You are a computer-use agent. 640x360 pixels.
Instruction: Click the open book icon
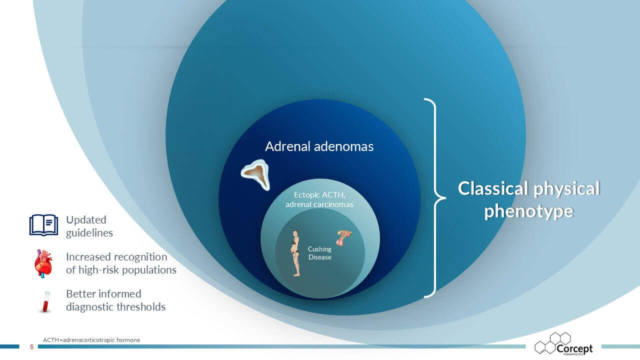click(43, 225)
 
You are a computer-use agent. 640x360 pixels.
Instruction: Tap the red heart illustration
click(43, 263)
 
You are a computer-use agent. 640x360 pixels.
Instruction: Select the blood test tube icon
click(46, 301)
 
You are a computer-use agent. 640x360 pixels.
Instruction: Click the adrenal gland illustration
click(255, 174)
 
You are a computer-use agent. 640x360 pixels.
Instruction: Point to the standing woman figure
click(295, 253)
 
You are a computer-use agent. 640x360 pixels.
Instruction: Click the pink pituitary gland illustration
click(343, 238)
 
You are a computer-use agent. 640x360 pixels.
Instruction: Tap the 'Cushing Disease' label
click(319, 253)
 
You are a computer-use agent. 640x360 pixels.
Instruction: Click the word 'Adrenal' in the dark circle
click(287, 146)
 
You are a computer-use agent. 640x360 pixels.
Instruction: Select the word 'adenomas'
click(343, 146)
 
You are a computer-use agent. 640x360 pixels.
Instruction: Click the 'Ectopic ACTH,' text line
click(319, 195)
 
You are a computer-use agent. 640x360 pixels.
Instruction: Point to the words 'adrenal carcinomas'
click(319, 204)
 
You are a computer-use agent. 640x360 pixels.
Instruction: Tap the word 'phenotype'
click(529, 211)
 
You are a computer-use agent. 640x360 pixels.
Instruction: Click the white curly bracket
click(435, 197)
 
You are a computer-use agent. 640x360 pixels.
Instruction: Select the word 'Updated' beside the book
click(86, 219)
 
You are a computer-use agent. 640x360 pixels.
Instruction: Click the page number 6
click(31, 347)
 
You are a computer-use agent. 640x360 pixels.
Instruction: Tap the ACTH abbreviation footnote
click(91, 340)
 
